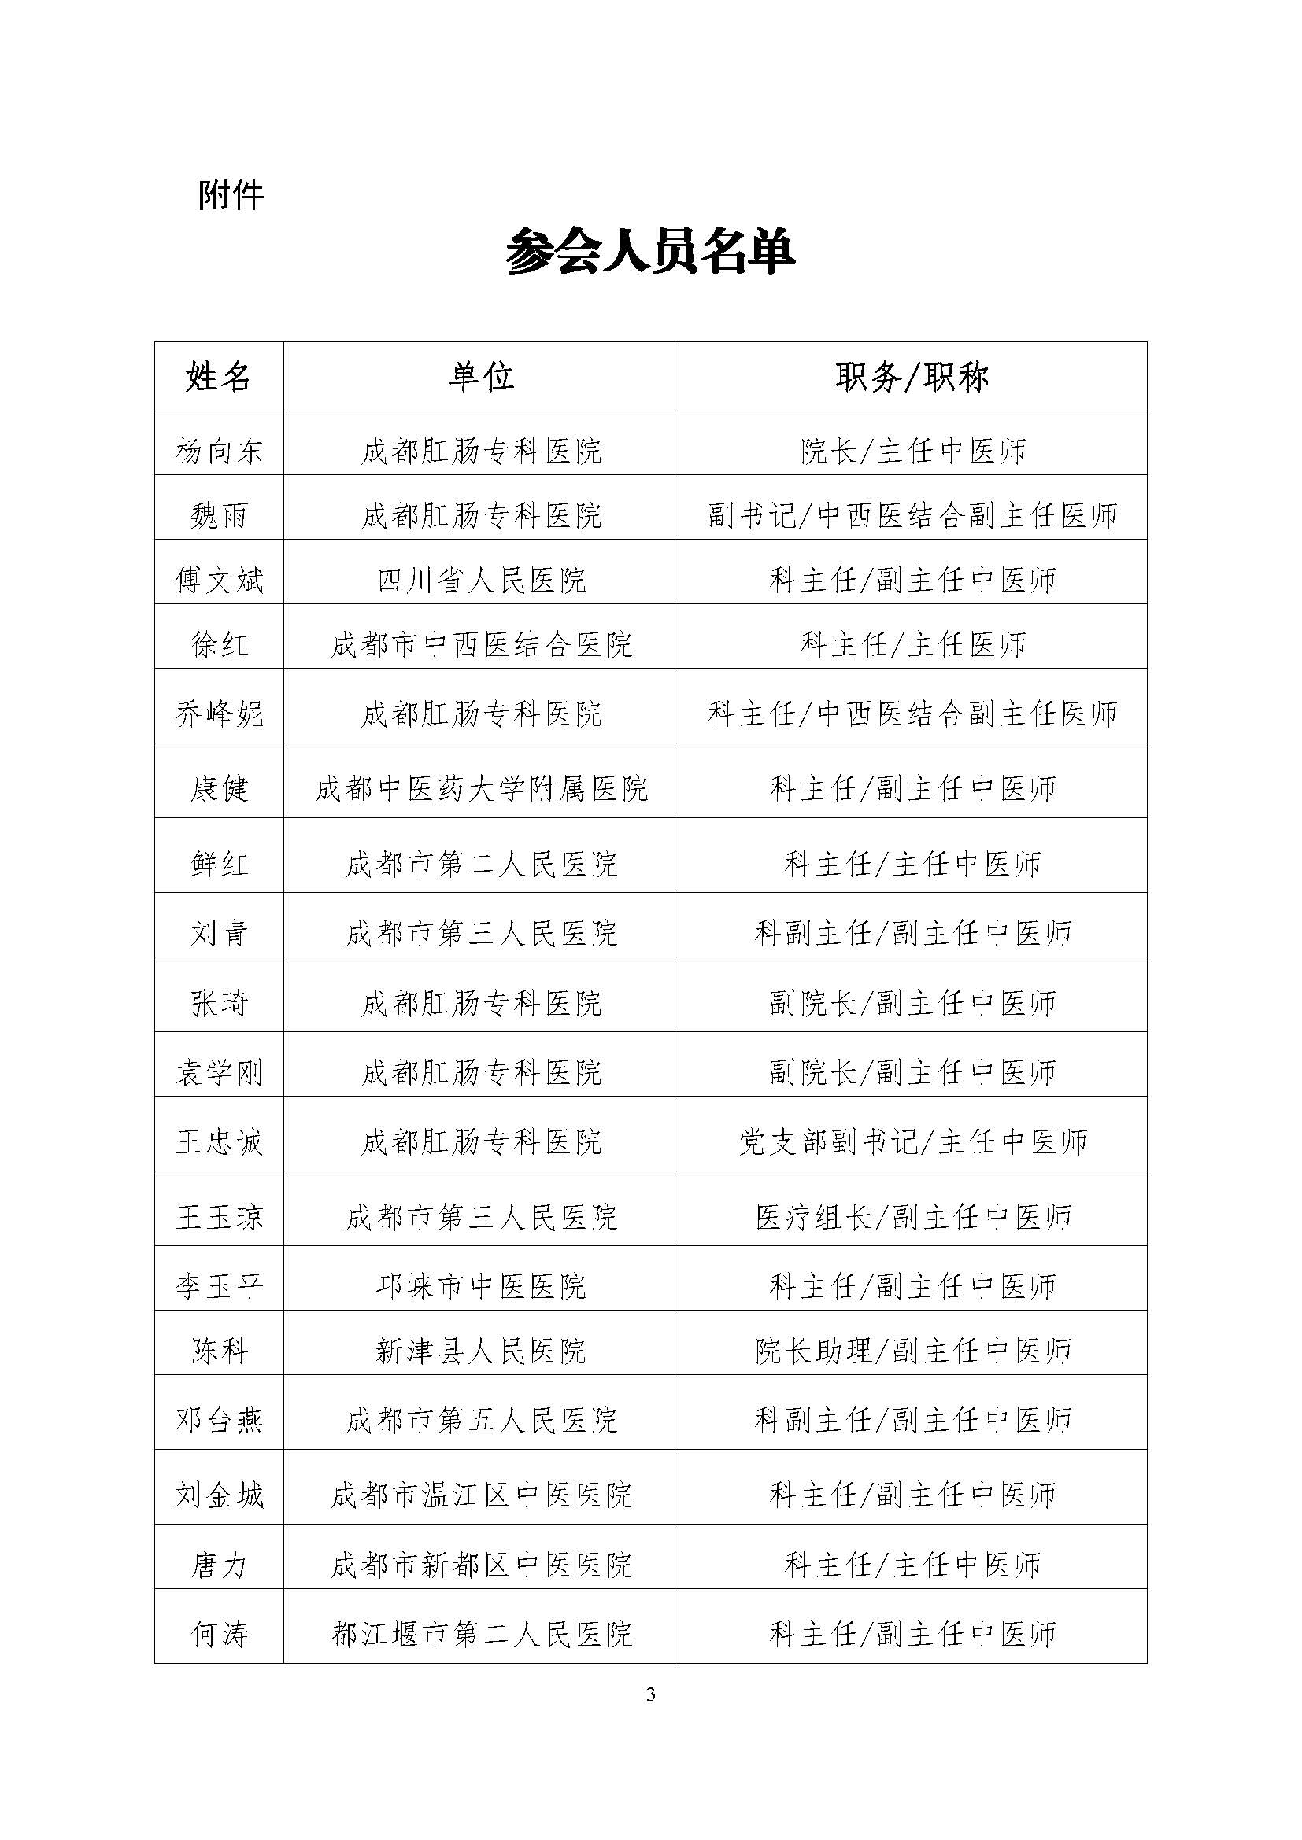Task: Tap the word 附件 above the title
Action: pyautogui.click(x=231, y=196)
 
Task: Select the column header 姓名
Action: pyautogui.click(x=219, y=377)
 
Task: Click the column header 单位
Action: pyautogui.click(x=481, y=377)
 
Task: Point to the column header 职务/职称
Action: pyautogui.click(x=912, y=377)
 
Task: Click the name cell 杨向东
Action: pyautogui.click(x=219, y=452)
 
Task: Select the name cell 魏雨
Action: pyautogui.click(x=219, y=515)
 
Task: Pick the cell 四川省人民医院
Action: pyautogui.click(x=481, y=580)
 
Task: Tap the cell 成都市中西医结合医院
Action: pyautogui.click(x=481, y=644)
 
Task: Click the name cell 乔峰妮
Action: pyautogui.click(x=219, y=714)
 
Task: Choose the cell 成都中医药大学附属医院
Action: pyautogui.click(x=481, y=788)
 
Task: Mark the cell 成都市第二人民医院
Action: pyautogui.click(x=481, y=863)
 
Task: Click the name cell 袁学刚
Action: pyautogui.click(x=219, y=1072)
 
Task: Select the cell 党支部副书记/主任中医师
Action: pyautogui.click(x=912, y=1141)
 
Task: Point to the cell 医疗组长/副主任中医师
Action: pyautogui.click(x=912, y=1217)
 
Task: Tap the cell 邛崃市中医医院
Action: pyautogui.click(x=481, y=1286)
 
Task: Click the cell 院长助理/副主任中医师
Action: pyautogui.click(x=912, y=1351)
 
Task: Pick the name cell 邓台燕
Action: pyautogui.click(x=219, y=1420)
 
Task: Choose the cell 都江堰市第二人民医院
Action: pyautogui.click(x=481, y=1633)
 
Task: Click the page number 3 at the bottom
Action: pyautogui.click(x=650, y=1694)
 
